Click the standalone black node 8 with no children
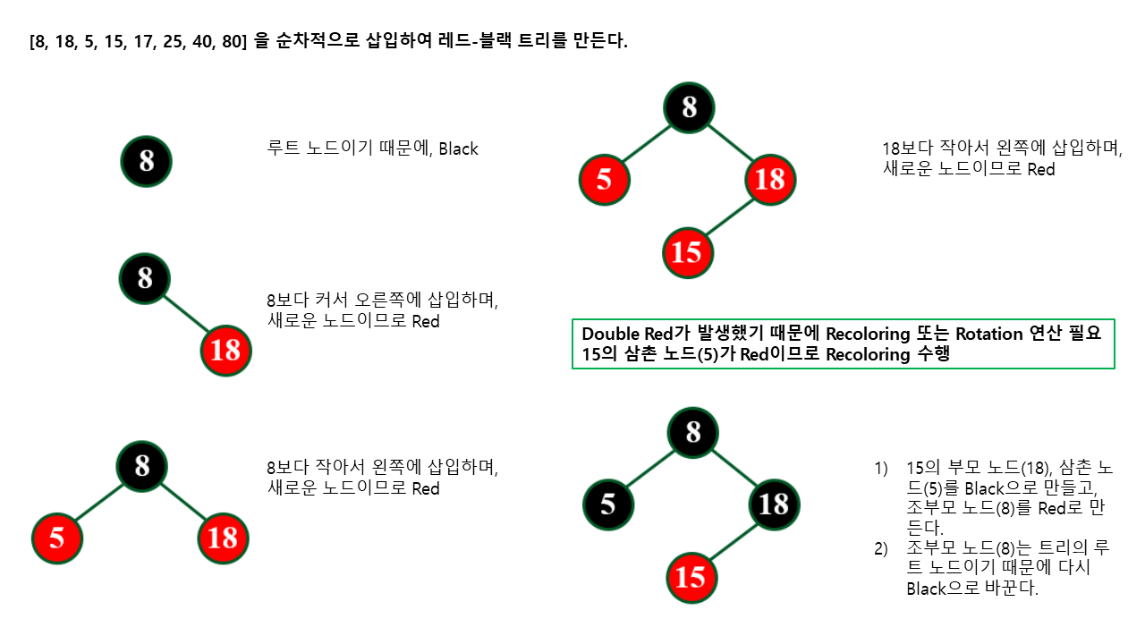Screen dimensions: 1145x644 (x=146, y=162)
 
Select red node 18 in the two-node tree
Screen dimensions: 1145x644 (x=225, y=350)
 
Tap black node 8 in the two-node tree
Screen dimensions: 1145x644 (x=145, y=277)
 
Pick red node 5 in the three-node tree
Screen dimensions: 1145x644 (x=57, y=538)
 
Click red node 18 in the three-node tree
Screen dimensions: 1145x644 (x=223, y=538)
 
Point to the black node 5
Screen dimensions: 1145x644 (x=608, y=504)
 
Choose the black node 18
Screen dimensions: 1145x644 (x=774, y=504)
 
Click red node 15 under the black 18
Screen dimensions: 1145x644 (x=691, y=577)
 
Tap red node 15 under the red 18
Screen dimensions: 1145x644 (x=687, y=252)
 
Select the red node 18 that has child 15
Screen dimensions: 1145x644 (x=769, y=180)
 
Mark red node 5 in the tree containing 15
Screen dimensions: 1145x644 (x=604, y=180)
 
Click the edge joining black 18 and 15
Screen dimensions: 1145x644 (x=734, y=540)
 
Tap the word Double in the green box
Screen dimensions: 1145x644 (x=608, y=334)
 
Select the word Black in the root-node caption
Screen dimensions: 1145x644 (x=458, y=149)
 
